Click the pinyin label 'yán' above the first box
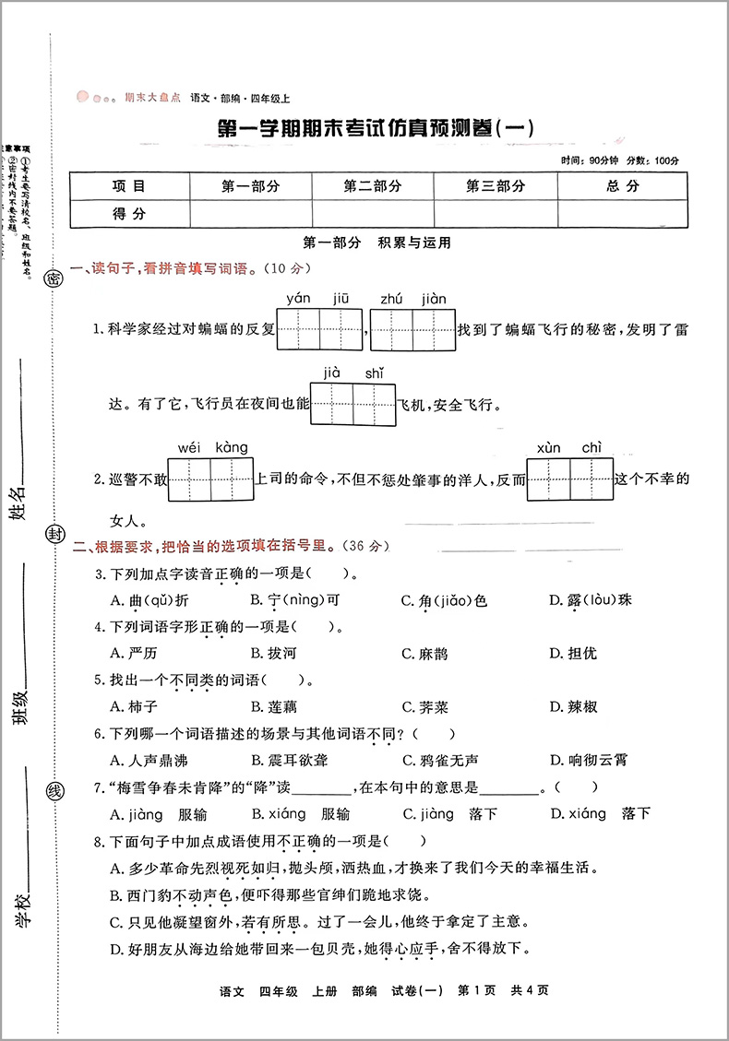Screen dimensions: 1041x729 (298, 297)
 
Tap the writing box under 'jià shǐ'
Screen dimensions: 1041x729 (353, 404)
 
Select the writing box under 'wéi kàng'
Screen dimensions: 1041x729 (212, 478)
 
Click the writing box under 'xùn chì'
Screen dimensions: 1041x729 (569, 478)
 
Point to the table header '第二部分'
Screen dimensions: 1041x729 (373, 186)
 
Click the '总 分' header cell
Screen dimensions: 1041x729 (623, 186)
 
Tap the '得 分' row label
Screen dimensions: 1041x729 (129, 214)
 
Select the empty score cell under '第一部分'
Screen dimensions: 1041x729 (250, 214)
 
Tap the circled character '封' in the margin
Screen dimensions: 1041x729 (54, 535)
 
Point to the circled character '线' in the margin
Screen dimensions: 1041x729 (55, 791)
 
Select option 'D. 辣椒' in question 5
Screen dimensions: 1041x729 (573, 706)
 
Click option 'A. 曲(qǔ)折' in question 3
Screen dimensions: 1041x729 (149, 600)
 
